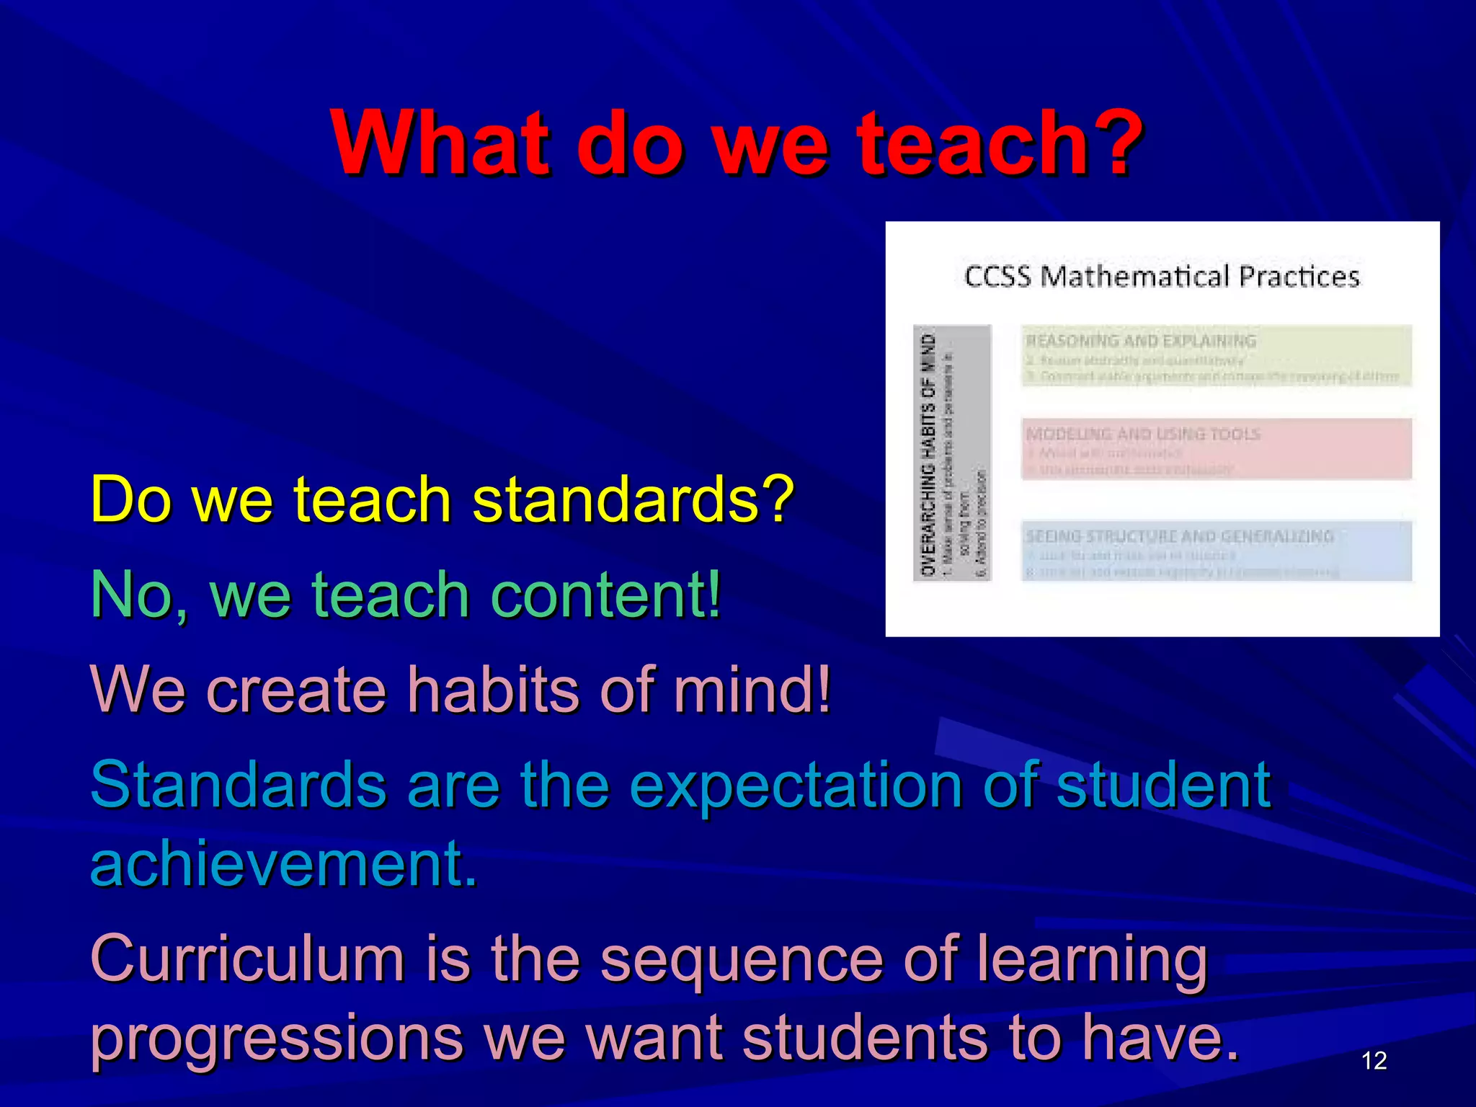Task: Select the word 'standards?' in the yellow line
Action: (633, 499)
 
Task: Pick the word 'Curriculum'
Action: (246, 959)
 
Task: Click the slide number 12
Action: (1374, 1060)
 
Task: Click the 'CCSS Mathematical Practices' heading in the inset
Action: (1162, 277)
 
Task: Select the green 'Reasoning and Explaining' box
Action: (1217, 356)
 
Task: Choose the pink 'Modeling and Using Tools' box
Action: (1217, 449)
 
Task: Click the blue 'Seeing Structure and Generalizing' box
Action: (1217, 551)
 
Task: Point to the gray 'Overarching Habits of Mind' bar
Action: (951, 453)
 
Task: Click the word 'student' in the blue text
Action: (1163, 786)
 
